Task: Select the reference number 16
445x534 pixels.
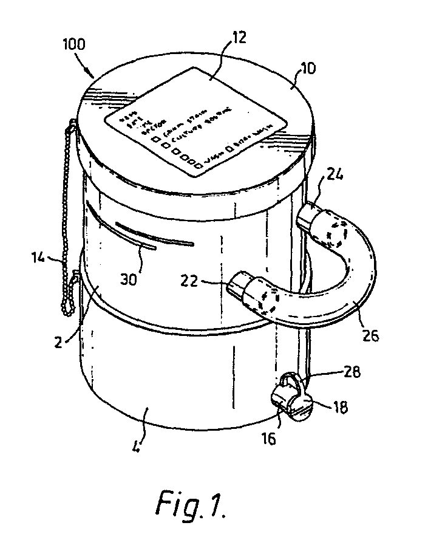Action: pos(268,436)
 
